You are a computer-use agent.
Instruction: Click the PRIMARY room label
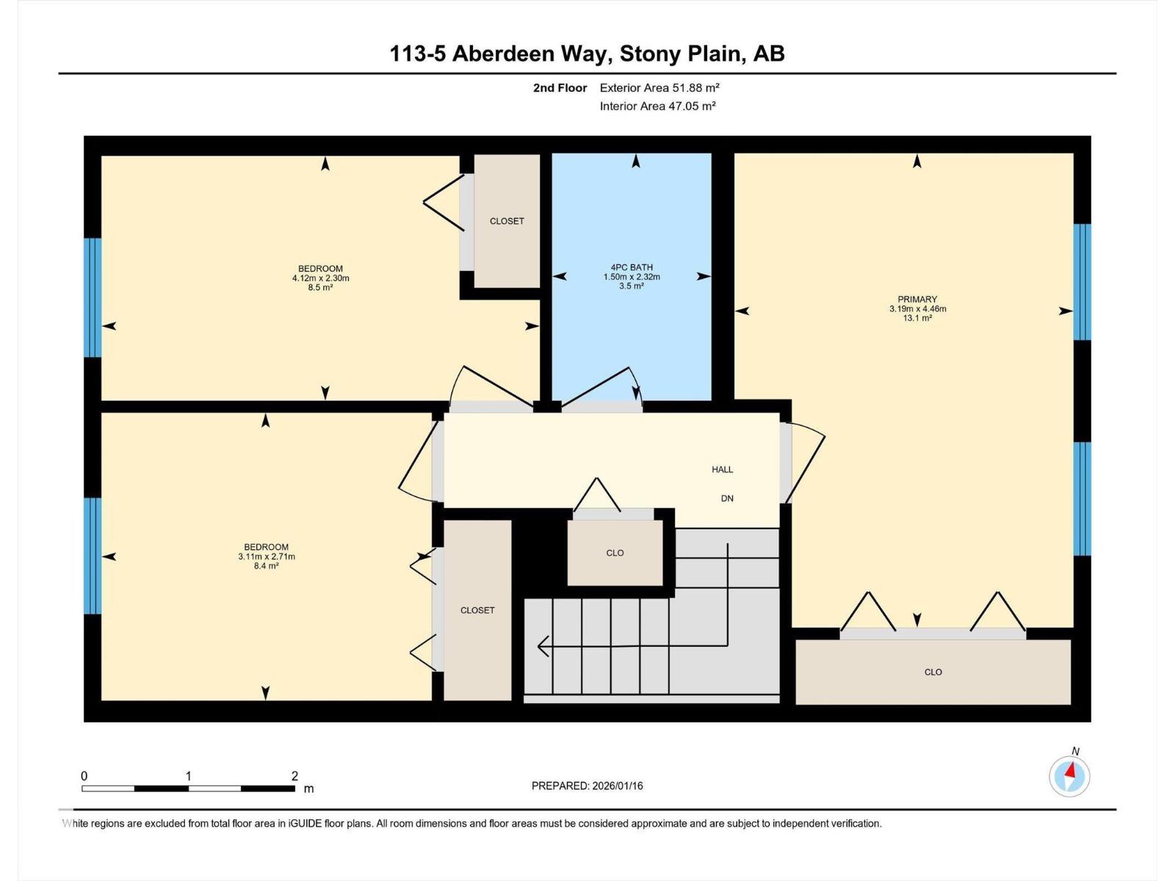tap(917, 299)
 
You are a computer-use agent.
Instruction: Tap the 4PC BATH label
tap(632, 267)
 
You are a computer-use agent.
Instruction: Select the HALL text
tap(722, 469)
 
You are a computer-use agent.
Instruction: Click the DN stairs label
tap(727, 498)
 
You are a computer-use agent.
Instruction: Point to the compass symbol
tap(1069, 776)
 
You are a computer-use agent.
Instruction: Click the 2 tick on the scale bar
tap(294, 776)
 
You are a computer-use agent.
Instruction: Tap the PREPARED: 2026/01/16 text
tap(587, 786)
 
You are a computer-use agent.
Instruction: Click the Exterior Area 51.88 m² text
tap(659, 87)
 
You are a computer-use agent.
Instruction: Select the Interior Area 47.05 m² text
tap(657, 106)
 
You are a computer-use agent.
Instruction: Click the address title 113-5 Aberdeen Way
tap(587, 54)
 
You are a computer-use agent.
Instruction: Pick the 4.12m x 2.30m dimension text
tap(320, 278)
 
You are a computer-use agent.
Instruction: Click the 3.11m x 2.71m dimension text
tap(266, 556)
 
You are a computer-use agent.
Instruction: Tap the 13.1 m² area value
tap(917, 319)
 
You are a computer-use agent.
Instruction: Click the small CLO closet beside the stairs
tap(615, 553)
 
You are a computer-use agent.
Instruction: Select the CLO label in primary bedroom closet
tap(933, 672)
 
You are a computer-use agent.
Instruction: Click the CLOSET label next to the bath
tap(507, 221)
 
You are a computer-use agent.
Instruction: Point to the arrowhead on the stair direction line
tap(543, 646)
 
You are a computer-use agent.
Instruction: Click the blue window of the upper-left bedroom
tap(92, 297)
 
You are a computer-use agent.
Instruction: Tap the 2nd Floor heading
tap(560, 88)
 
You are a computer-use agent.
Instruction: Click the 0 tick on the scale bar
tap(84, 776)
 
